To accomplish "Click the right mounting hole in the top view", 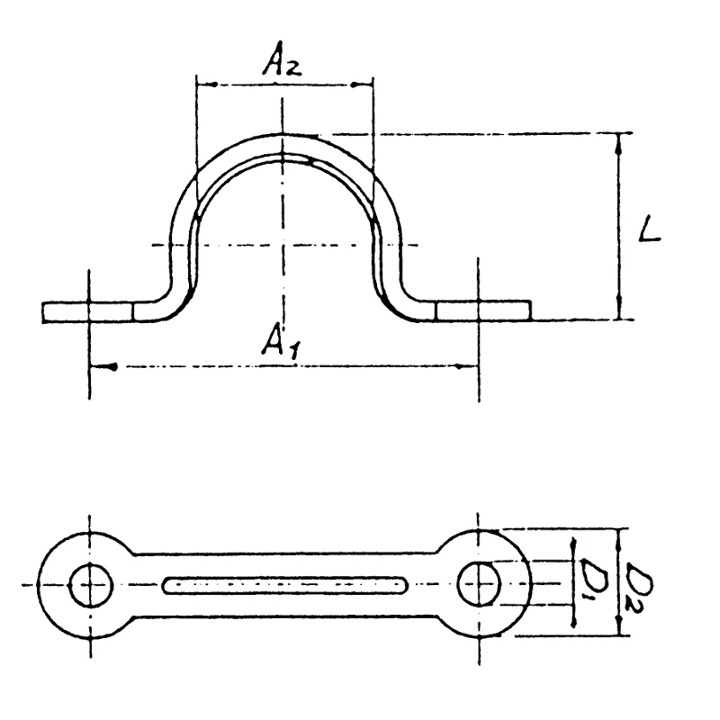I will pyautogui.click(x=478, y=584).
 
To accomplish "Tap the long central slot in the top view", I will pyautogui.click(x=283, y=585).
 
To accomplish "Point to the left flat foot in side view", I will pyautogui.click(x=88, y=311).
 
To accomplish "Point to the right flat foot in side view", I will pyautogui.click(x=483, y=310).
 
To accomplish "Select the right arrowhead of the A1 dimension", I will pyautogui.click(x=469, y=366).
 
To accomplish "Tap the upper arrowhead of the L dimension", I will pyautogui.click(x=619, y=139).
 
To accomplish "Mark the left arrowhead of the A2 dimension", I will pyautogui.click(x=202, y=85).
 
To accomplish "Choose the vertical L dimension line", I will pyautogui.click(x=619, y=225).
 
